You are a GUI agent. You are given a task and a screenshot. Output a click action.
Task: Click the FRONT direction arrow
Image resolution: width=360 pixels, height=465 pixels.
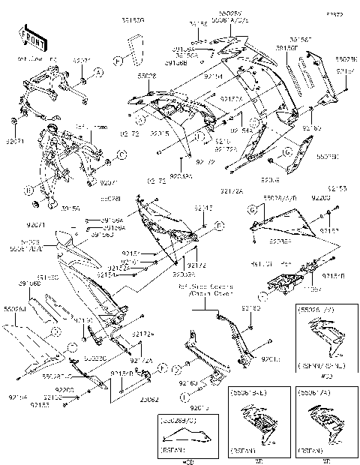pos(29,37)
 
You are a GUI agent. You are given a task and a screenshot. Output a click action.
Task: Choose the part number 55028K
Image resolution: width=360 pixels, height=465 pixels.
pos(346,58)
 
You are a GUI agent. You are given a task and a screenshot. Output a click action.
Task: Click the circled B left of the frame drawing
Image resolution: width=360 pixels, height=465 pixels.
pos(27,189)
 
